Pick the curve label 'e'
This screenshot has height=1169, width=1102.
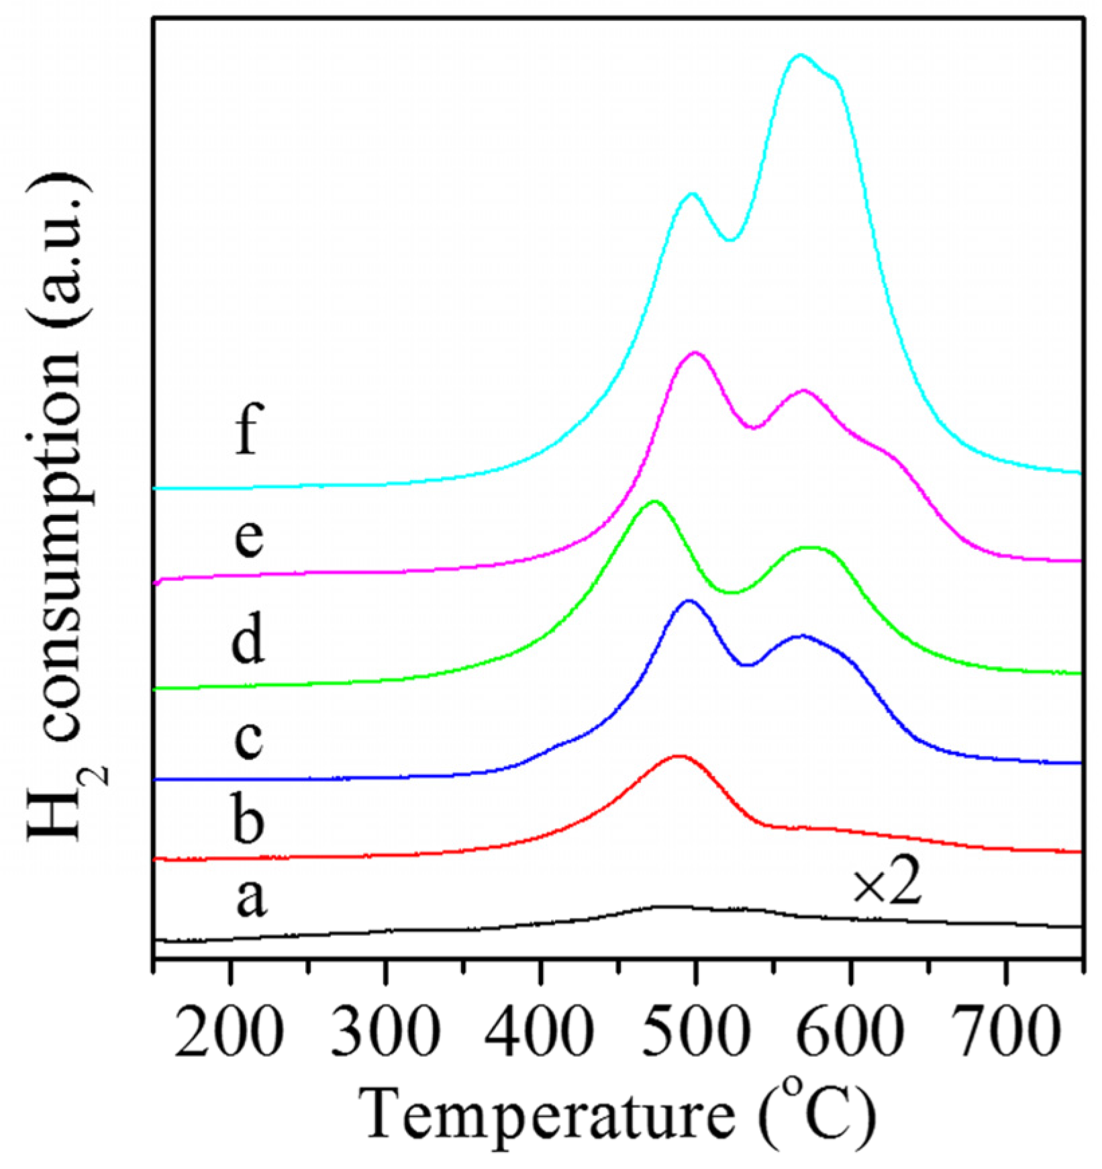248,538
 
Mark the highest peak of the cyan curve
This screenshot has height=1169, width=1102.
799,55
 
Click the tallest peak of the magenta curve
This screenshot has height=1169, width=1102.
695,353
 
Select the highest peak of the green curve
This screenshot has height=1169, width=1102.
654,502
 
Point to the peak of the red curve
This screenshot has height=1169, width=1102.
679,756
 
